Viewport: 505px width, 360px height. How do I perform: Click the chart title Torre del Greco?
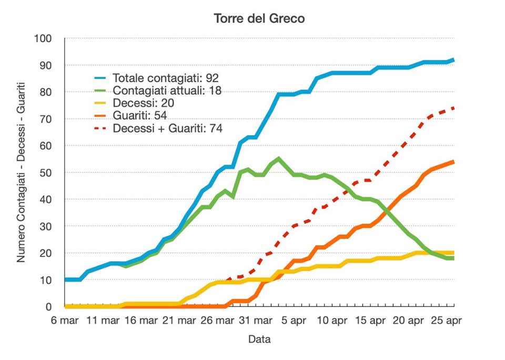(x=259, y=18)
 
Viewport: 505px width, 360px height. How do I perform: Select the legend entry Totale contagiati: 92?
(x=161, y=78)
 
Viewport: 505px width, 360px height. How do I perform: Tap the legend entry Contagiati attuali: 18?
(x=167, y=90)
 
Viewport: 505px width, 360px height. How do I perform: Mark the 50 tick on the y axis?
(x=46, y=173)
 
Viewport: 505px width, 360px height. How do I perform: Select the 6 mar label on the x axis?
(x=65, y=320)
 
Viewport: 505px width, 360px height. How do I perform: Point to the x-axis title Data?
(x=259, y=339)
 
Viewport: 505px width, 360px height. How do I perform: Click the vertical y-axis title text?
(x=21, y=172)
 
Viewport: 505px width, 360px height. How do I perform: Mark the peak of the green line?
(x=278, y=158)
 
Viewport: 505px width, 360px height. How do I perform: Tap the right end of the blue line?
(x=454, y=60)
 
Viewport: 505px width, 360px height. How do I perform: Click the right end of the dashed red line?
(x=454, y=108)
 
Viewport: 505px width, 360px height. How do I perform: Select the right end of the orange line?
(x=454, y=162)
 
